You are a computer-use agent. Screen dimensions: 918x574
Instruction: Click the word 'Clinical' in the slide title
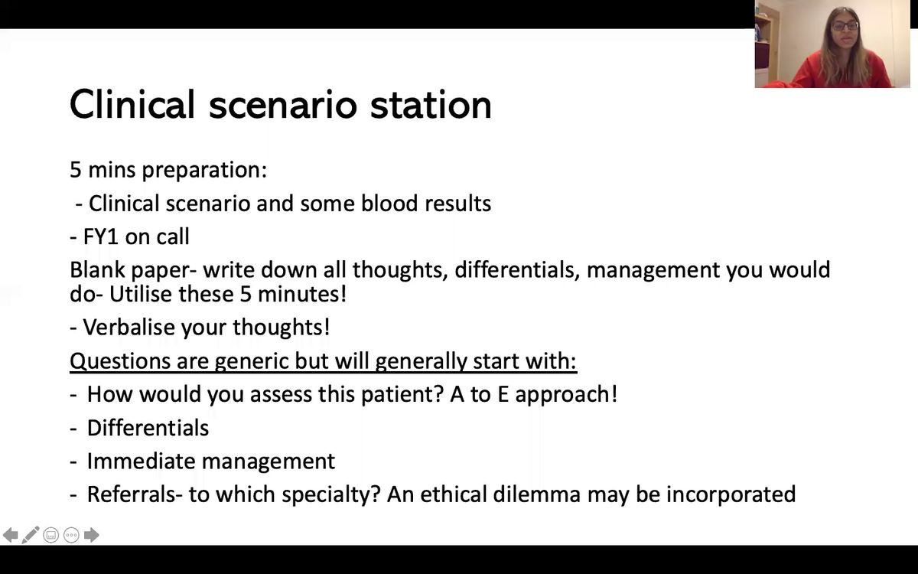coord(132,104)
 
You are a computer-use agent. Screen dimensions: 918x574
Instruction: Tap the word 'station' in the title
coord(431,105)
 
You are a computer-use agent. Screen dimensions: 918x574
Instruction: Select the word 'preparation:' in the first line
coord(204,170)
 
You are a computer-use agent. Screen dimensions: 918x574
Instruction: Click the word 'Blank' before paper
coord(97,269)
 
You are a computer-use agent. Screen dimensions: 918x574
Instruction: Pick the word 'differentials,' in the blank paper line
coord(517,269)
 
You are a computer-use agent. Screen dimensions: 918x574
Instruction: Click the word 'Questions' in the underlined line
coord(120,361)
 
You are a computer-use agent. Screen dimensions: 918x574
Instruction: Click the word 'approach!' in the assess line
coord(566,395)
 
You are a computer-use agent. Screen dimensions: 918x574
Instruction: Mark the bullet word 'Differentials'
coord(148,428)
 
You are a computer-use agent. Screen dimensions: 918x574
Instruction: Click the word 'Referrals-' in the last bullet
coord(135,494)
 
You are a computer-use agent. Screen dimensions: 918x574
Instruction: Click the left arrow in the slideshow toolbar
coord(10,535)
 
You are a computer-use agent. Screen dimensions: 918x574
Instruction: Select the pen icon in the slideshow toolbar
coord(31,535)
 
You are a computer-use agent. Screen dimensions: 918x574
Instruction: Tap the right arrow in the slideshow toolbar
coord(91,535)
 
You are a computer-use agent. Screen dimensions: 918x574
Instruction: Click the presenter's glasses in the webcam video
coord(845,26)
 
